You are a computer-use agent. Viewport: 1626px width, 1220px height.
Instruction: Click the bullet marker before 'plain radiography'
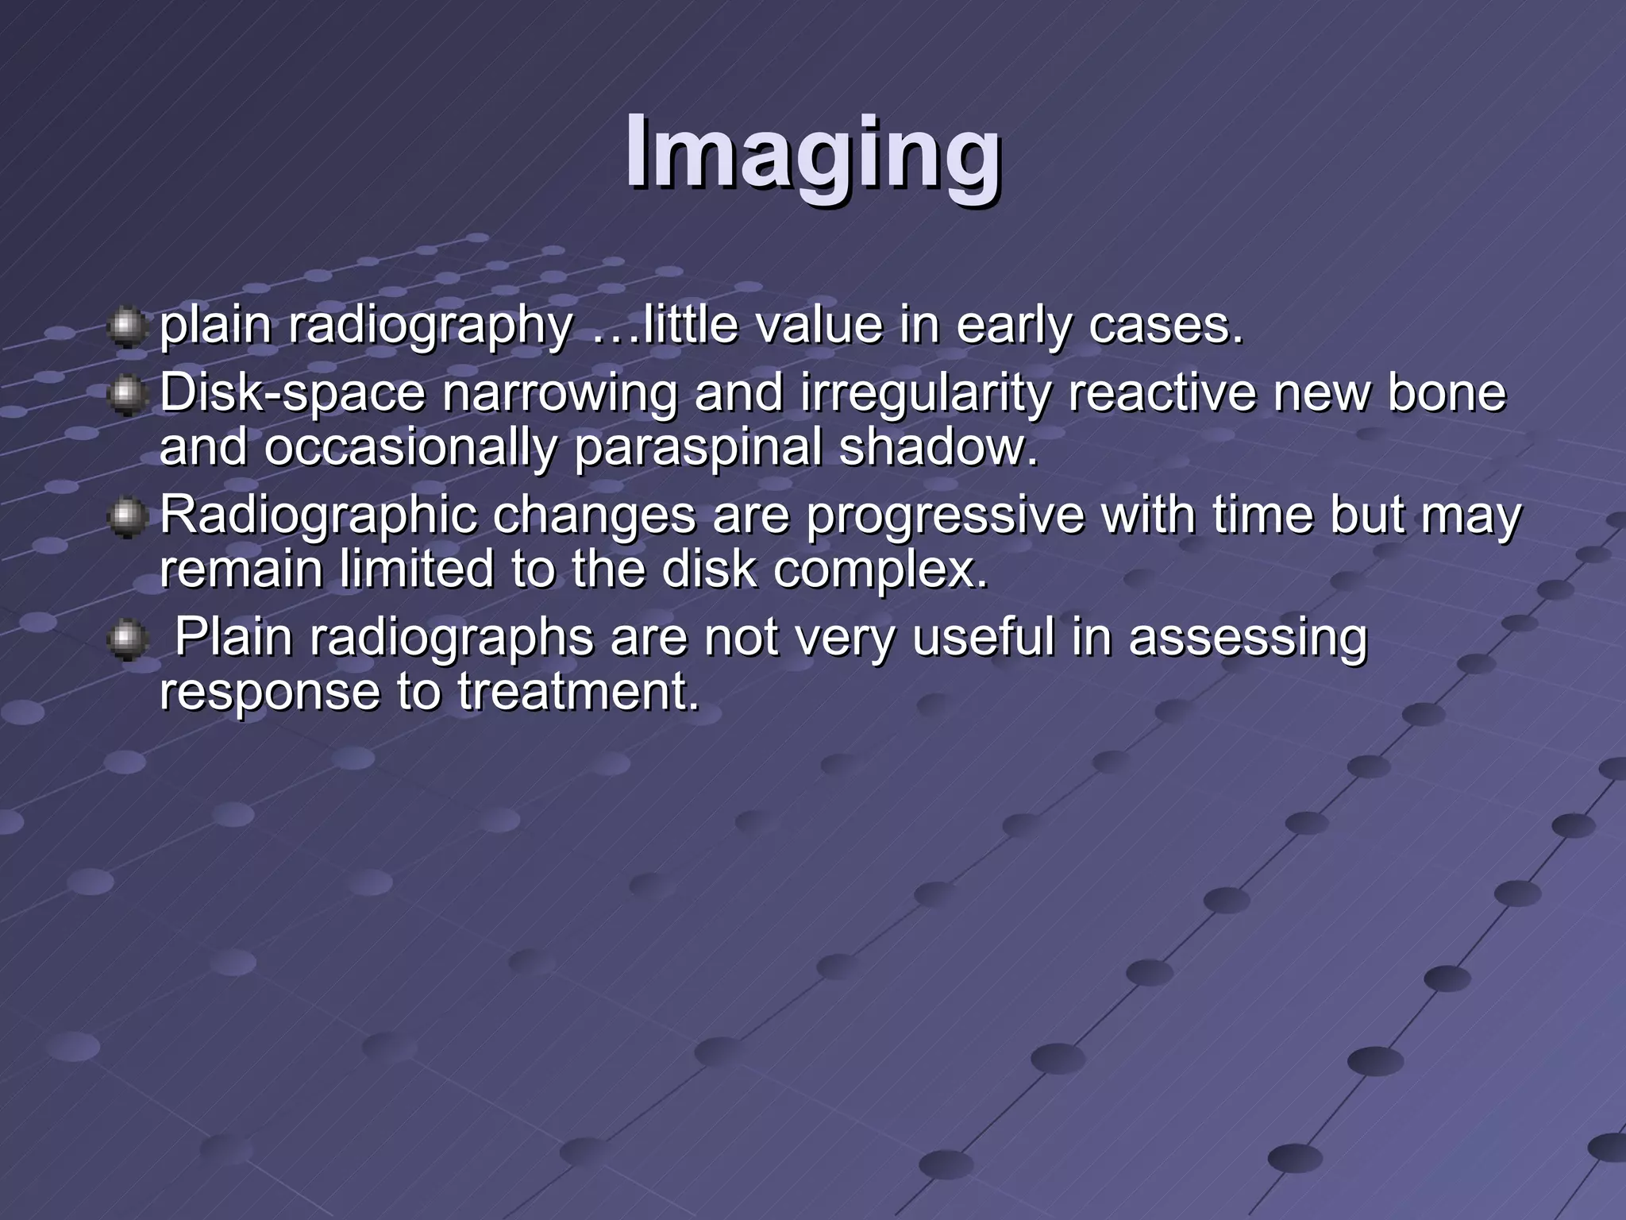pos(125,327)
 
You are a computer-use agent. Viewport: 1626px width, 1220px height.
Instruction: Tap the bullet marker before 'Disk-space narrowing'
pos(125,395)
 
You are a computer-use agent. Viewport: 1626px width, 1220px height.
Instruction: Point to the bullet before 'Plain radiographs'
pos(125,640)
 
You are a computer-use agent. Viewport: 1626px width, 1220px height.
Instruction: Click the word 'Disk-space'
pos(292,393)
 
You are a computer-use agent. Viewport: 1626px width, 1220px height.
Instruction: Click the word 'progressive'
pos(945,516)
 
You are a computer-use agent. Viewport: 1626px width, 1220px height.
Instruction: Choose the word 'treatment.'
pos(579,692)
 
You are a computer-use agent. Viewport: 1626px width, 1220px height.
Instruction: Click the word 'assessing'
pos(1248,639)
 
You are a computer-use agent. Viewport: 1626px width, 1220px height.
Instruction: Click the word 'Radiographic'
pos(318,516)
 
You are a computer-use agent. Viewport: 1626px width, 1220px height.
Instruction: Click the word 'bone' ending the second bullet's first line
pos(1446,393)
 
